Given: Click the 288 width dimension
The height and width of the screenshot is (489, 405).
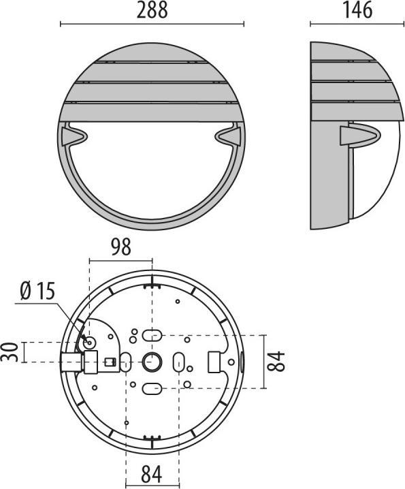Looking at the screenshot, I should pos(152,10).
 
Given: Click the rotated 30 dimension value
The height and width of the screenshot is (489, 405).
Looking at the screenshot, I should pos(10,353).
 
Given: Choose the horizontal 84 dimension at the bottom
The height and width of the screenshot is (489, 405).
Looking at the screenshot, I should pos(152,472).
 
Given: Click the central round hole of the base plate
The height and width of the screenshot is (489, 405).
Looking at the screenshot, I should pos(151,362).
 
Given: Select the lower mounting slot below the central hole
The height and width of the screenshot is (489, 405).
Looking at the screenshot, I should pos(151,389).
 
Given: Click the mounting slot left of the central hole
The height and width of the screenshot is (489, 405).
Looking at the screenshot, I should pos(126,362).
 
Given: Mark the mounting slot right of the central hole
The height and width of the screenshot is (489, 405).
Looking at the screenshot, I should pos(178,362).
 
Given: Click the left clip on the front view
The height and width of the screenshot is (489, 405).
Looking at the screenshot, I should pos(73,137).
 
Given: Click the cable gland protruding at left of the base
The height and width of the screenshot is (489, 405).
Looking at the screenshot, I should pos(71,362).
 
